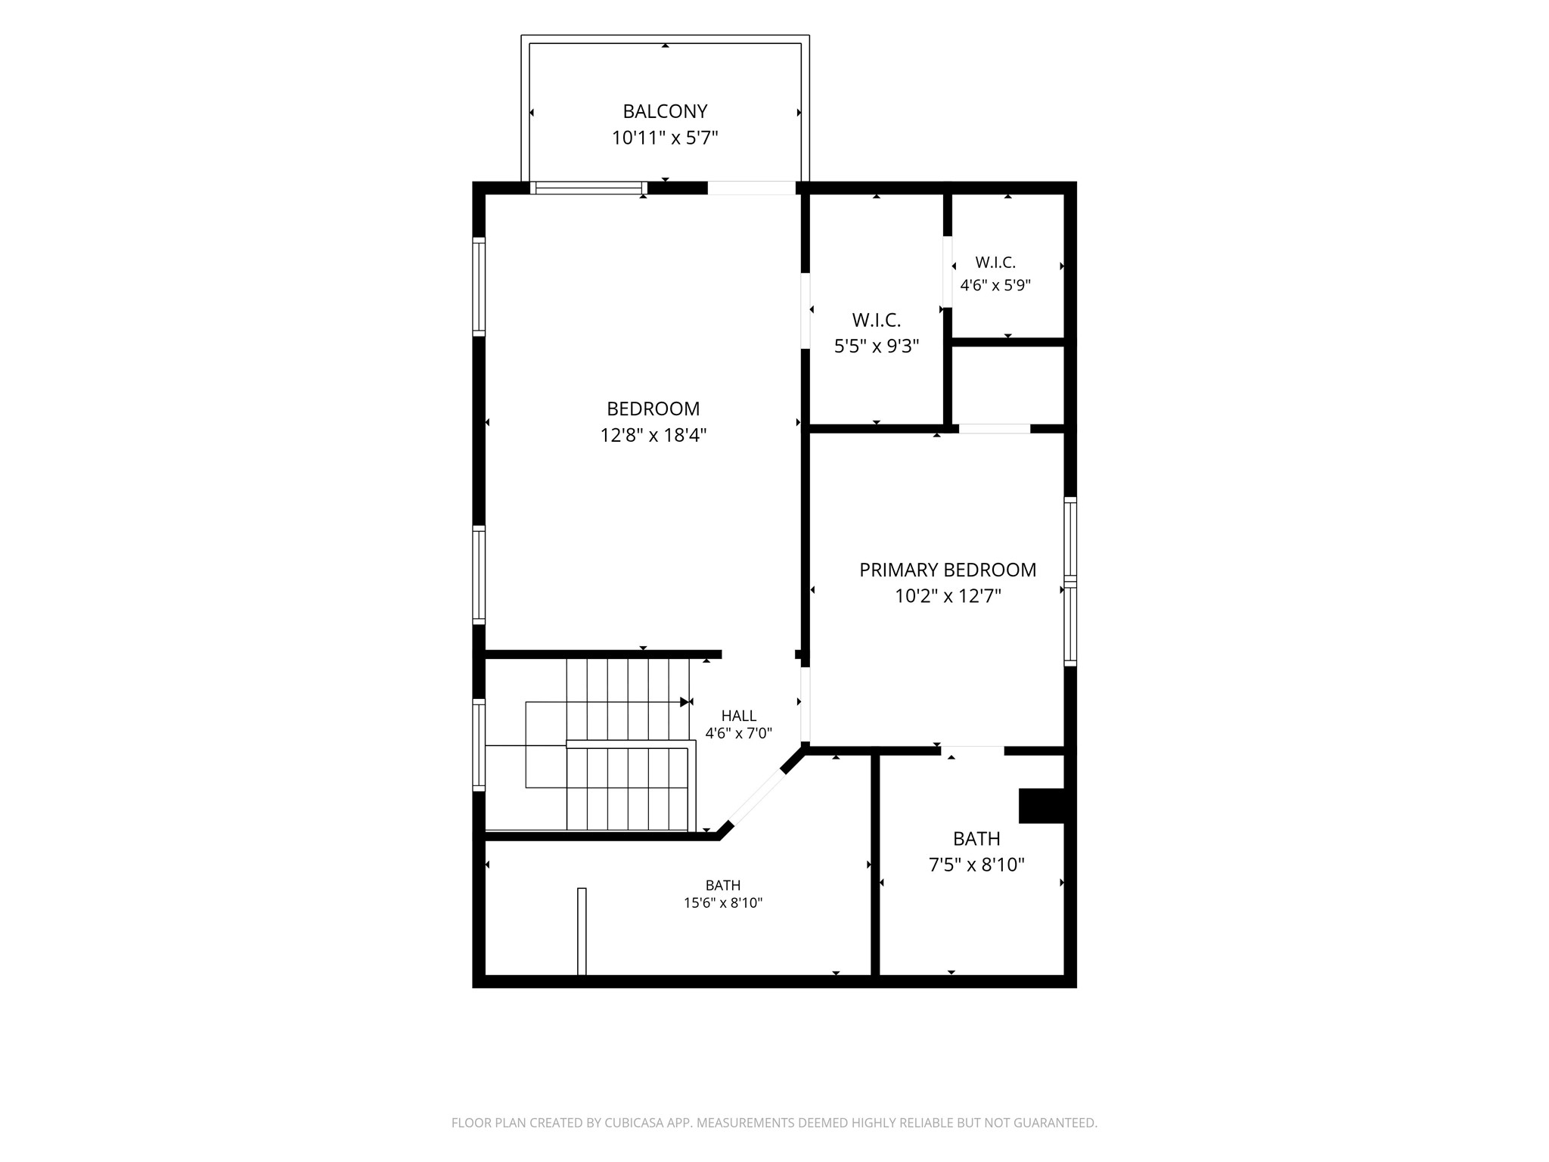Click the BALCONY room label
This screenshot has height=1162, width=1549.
[x=665, y=111]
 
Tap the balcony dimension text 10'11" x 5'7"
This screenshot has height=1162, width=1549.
[x=665, y=138]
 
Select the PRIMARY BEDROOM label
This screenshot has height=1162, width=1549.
[x=948, y=570]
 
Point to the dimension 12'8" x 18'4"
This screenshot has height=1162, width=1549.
[x=653, y=435]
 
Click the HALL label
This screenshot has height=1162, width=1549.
[x=739, y=716]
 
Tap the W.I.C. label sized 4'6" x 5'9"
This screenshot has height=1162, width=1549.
[x=995, y=263]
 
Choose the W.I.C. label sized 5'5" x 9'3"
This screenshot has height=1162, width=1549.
[x=877, y=320]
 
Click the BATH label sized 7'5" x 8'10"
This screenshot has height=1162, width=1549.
[x=976, y=838]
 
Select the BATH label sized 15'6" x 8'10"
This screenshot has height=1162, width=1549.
[x=723, y=885]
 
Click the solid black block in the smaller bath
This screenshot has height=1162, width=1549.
[x=1041, y=806]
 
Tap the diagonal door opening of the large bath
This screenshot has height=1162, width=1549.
[x=757, y=797]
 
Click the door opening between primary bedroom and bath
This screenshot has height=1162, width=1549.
[x=973, y=750]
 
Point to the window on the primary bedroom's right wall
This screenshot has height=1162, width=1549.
[x=1070, y=581]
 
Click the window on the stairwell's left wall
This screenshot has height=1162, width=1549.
[x=479, y=745]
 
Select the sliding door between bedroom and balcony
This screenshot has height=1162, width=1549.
[x=588, y=188]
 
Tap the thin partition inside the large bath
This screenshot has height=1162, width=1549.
[x=582, y=931]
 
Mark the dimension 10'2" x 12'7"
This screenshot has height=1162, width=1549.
[x=948, y=596]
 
